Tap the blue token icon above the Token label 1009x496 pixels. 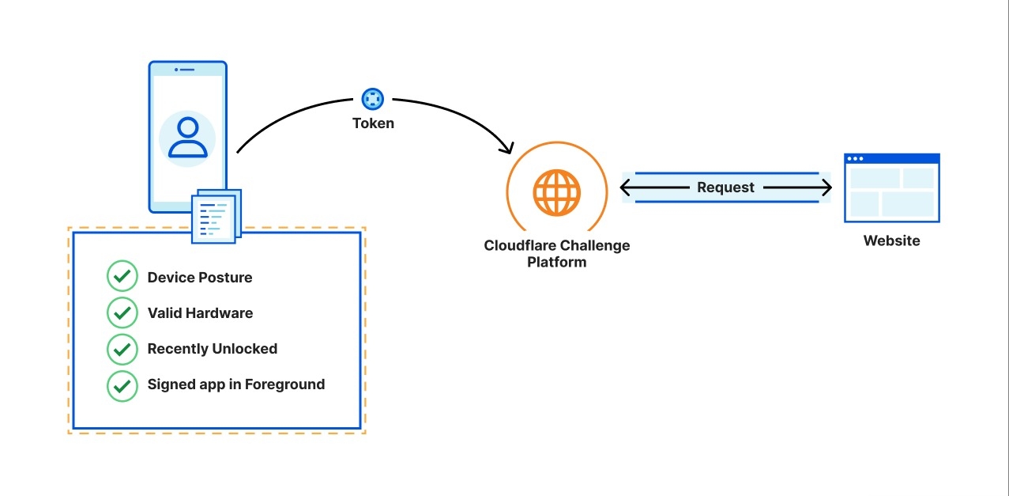pyautogui.click(x=372, y=99)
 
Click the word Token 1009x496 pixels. pyautogui.click(x=373, y=123)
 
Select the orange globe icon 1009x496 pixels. pyautogui.click(x=557, y=191)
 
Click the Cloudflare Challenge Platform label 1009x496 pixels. pyautogui.click(x=557, y=253)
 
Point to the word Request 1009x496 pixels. pyautogui.click(x=725, y=187)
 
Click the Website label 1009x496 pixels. pyautogui.click(x=891, y=241)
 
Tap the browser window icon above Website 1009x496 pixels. pyautogui.click(x=891, y=187)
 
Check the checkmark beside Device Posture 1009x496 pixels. pyautogui.click(x=122, y=277)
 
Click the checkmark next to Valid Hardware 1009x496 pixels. pyautogui.click(x=122, y=312)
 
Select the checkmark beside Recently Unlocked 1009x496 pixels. pyautogui.click(x=122, y=348)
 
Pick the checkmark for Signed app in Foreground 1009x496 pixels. pyautogui.click(x=122, y=384)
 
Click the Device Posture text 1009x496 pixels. pyautogui.click(x=200, y=278)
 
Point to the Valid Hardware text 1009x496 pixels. pyautogui.click(x=200, y=313)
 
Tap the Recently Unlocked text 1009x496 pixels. pyautogui.click(x=212, y=349)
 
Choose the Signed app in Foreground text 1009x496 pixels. pyautogui.click(x=235, y=384)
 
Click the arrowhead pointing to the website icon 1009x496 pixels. pyautogui.click(x=827, y=187)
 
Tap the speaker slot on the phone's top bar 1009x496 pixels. pyautogui.click(x=187, y=70)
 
